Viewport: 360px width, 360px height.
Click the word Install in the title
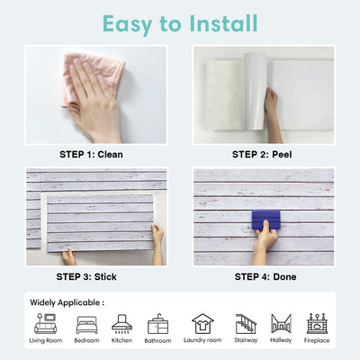223,23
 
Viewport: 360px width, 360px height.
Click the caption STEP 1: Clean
91,155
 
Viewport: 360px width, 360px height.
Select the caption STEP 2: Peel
262,155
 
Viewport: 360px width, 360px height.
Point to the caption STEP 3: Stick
86,276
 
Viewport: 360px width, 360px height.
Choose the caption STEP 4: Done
265,276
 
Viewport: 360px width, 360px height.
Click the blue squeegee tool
266,220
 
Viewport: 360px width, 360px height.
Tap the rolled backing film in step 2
255,91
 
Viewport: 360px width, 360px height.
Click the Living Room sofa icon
45,324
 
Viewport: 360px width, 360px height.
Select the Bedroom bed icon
86,325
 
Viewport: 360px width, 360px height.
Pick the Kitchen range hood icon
121,324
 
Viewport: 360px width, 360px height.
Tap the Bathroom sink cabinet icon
157,324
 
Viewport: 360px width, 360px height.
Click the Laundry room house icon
202,324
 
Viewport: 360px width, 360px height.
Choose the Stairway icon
246,324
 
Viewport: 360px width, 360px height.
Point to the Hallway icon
281,324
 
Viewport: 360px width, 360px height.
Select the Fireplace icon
317,324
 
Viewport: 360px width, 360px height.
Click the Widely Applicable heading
67,302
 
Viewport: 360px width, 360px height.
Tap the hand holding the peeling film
272,115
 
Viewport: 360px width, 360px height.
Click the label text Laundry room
202,340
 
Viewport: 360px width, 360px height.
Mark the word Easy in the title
128,24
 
